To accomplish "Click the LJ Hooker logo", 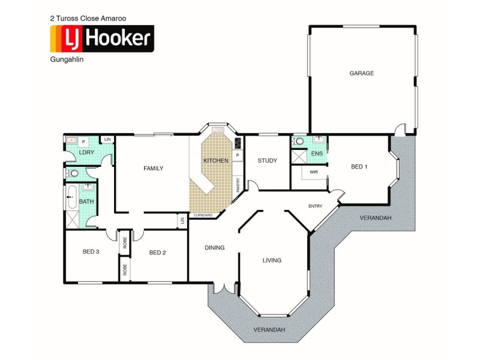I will point(101,40).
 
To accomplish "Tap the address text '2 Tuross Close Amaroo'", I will point(88,19).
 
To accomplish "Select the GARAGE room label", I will point(361,73).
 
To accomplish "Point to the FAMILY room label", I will point(153,169).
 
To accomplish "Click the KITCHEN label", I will point(215,161).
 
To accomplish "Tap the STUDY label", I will point(267,160).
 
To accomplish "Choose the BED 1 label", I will point(358,166).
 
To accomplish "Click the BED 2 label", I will point(157,253).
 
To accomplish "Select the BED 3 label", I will point(91,251).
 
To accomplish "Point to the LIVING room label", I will point(272,260).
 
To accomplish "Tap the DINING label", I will point(214,247).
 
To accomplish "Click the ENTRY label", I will point(315,206).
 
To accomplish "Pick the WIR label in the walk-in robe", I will point(313,172).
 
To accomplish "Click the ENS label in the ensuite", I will point(316,154).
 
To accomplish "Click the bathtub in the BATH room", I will point(71,197).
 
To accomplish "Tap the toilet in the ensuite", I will point(299,142).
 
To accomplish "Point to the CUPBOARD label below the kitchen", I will point(203,215).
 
